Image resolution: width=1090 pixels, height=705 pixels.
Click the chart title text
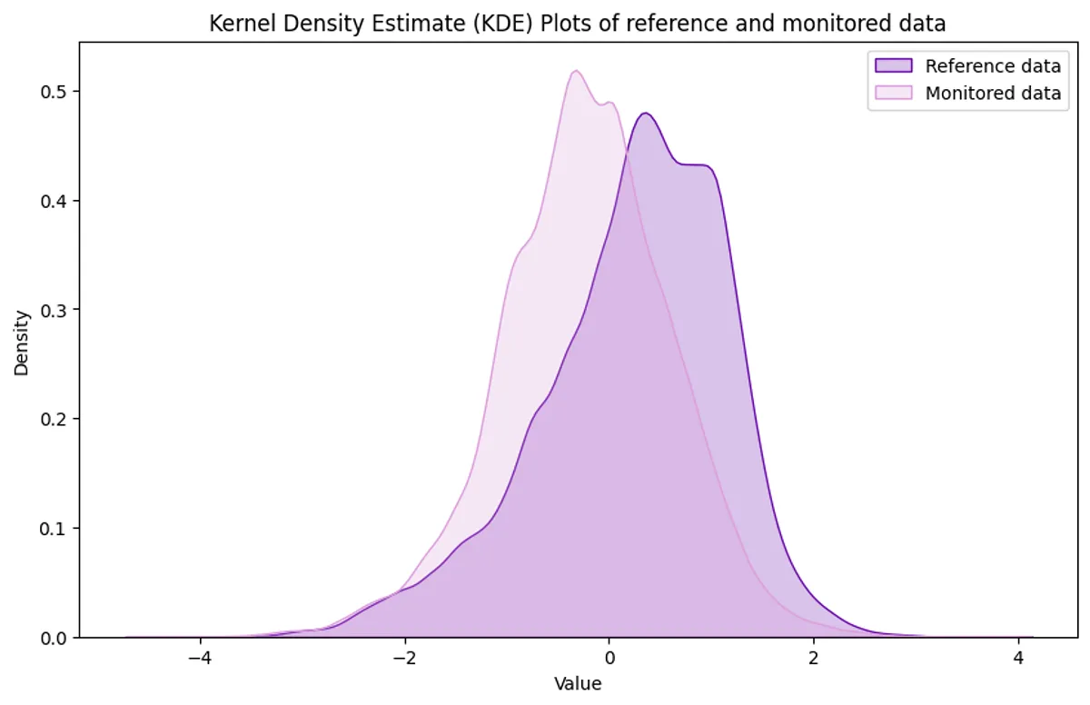(578, 24)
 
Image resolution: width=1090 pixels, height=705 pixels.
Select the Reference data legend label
(993, 66)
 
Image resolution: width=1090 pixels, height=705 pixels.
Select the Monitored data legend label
(993, 93)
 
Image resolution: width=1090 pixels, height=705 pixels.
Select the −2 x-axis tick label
(404, 658)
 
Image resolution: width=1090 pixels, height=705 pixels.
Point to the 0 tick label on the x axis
(609, 658)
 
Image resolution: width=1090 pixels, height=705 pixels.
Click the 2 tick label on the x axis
(814, 658)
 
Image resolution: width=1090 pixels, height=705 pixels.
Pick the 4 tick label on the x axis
(1018, 658)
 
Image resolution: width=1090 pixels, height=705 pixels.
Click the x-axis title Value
(578, 683)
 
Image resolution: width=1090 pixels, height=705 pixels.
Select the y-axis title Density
(22, 343)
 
